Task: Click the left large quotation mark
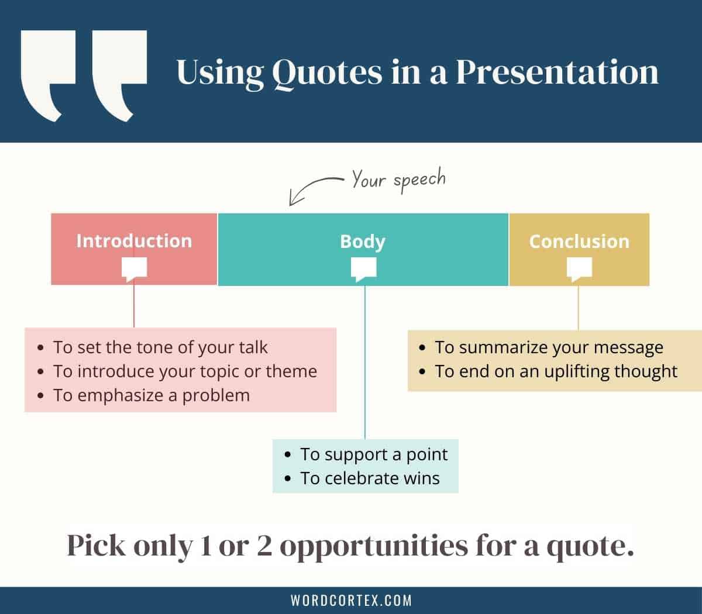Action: [x=48, y=75]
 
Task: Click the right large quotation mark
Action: [x=119, y=75]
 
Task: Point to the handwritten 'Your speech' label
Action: [x=398, y=180]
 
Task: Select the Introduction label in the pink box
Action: [x=134, y=241]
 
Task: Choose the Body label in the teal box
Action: [x=363, y=242]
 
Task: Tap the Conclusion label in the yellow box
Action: [x=579, y=242]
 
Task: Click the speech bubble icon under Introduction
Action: [x=134, y=269]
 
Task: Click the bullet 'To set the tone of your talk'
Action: [x=160, y=347]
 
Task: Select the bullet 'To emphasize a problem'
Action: [x=152, y=395]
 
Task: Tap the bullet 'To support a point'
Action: [x=374, y=454]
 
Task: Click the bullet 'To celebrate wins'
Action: [x=370, y=478]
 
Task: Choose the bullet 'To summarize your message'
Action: [x=549, y=347]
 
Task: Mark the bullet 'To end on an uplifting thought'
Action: [x=556, y=371]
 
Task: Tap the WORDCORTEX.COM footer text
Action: [x=351, y=601]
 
